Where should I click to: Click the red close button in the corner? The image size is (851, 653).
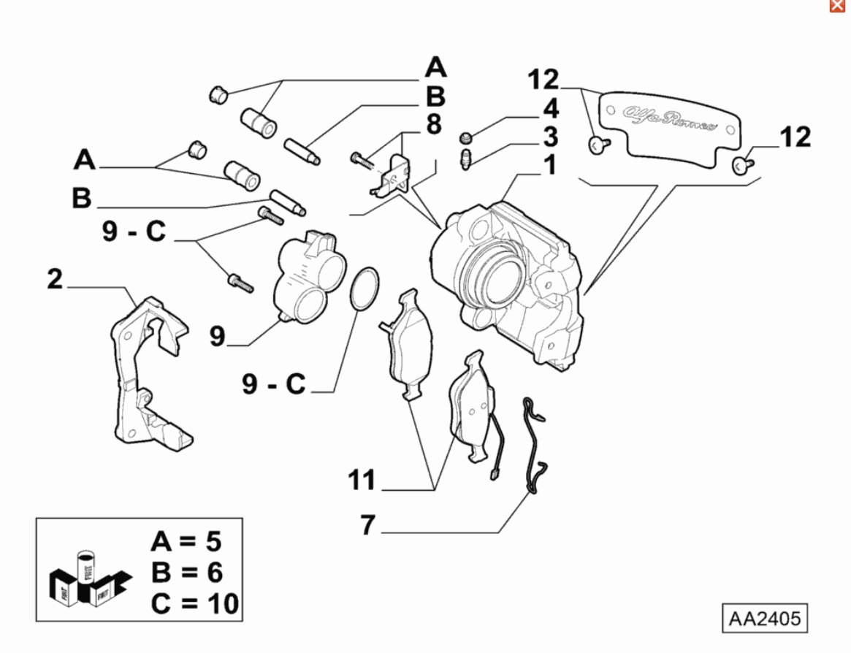837,6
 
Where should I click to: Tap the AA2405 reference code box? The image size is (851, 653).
764,619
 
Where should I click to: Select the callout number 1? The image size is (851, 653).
549,165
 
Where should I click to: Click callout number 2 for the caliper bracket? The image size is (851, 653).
56,280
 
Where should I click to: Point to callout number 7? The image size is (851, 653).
367,524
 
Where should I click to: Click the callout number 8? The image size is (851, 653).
434,124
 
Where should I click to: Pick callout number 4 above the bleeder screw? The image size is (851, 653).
549,110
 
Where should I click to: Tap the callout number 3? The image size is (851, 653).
549,137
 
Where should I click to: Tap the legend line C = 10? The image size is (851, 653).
195,604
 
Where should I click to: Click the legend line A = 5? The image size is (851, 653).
186,541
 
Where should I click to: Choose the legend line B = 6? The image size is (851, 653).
186,573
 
